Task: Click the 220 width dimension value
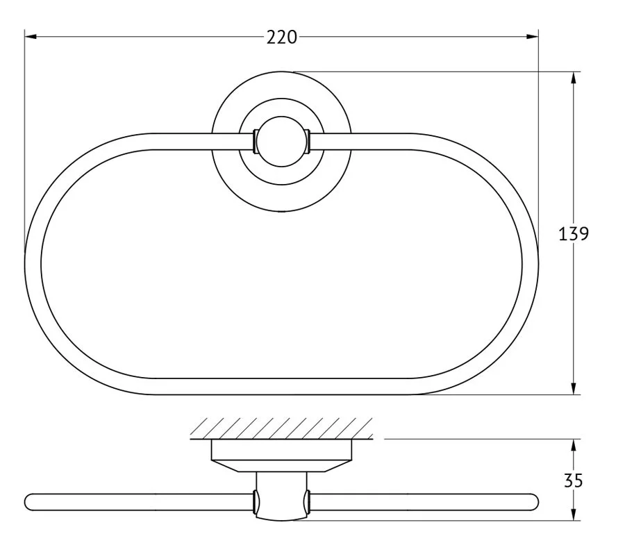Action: tap(281, 37)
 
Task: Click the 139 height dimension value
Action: tap(573, 233)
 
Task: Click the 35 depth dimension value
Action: tap(573, 481)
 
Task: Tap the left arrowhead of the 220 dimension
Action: tap(31, 37)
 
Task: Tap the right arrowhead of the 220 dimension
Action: tap(532, 37)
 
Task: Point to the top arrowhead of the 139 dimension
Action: tap(573, 78)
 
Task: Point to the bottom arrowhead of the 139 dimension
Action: tap(573, 388)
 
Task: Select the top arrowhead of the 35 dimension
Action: tap(573, 445)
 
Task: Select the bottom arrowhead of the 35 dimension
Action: tap(573, 515)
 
